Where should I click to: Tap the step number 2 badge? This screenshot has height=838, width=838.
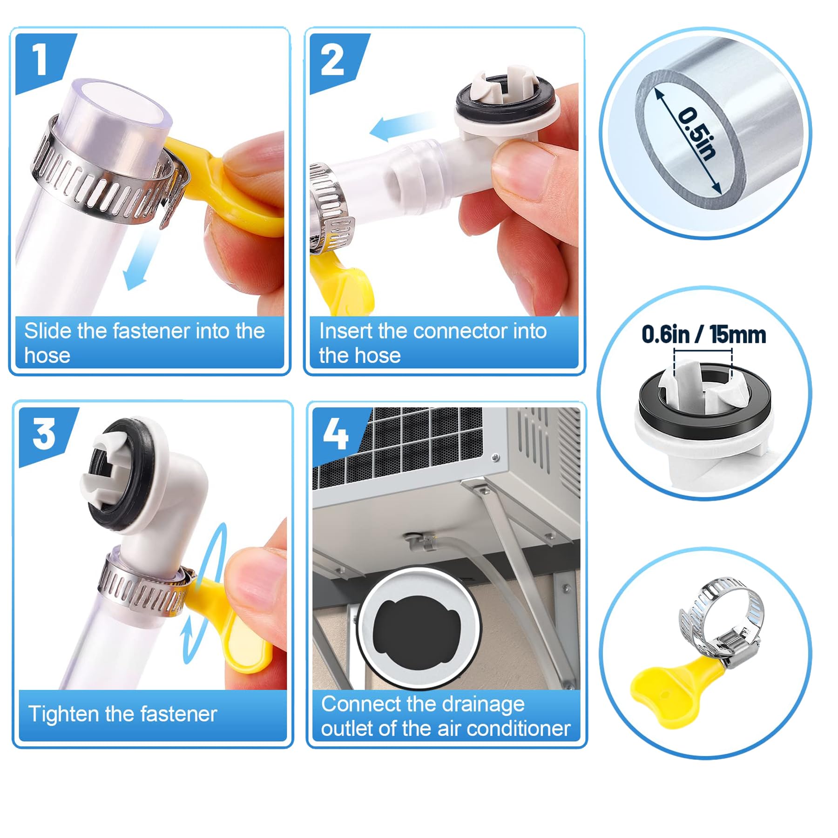[x=333, y=61]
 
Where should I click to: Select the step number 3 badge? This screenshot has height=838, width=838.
[x=45, y=434]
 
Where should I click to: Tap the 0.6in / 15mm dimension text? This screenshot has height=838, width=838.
[x=704, y=335]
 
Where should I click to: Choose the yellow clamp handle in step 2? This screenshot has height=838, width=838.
[x=342, y=282]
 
